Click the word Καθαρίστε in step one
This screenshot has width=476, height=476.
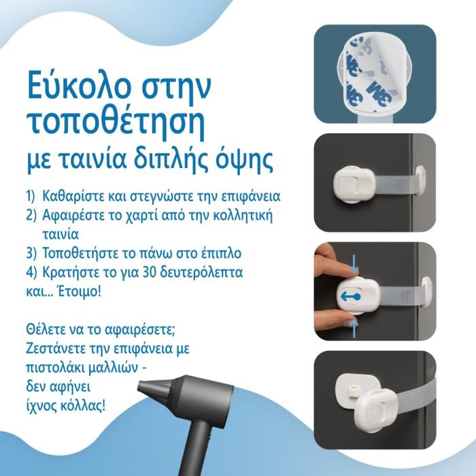[73, 197]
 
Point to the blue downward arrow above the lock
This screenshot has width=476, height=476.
[354, 262]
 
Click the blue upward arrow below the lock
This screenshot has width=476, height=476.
[354, 328]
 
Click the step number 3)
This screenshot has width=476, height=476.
[31, 254]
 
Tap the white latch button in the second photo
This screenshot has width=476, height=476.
[354, 185]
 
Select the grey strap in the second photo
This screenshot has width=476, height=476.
[395, 185]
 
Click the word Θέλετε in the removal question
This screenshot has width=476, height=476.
[44, 329]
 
